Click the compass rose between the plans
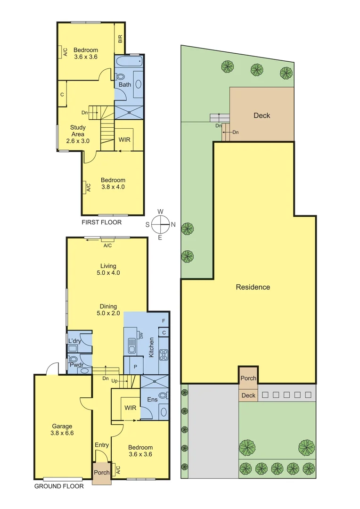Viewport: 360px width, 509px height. (x=160, y=224)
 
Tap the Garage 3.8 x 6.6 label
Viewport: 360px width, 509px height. (x=62, y=430)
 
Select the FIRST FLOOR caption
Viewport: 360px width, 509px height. (x=101, y=222)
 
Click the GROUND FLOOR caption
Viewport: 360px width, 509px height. (x=59, y=486)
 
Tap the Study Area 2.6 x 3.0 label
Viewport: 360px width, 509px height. (x=78, y=134)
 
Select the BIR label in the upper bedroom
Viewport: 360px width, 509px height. (x=120, y=40)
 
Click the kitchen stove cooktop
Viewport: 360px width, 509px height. (x=164, y=354)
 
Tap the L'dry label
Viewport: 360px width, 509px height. (x=74, y=341)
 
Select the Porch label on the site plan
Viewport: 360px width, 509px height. (x=248, y=378)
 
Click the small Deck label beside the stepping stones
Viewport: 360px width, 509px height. (x=248, y=395)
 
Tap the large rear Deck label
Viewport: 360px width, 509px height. (x=262, y=115)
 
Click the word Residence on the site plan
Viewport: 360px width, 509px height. (x=253, y=287)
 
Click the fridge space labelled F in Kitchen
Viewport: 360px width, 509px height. (x=164, y=321)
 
